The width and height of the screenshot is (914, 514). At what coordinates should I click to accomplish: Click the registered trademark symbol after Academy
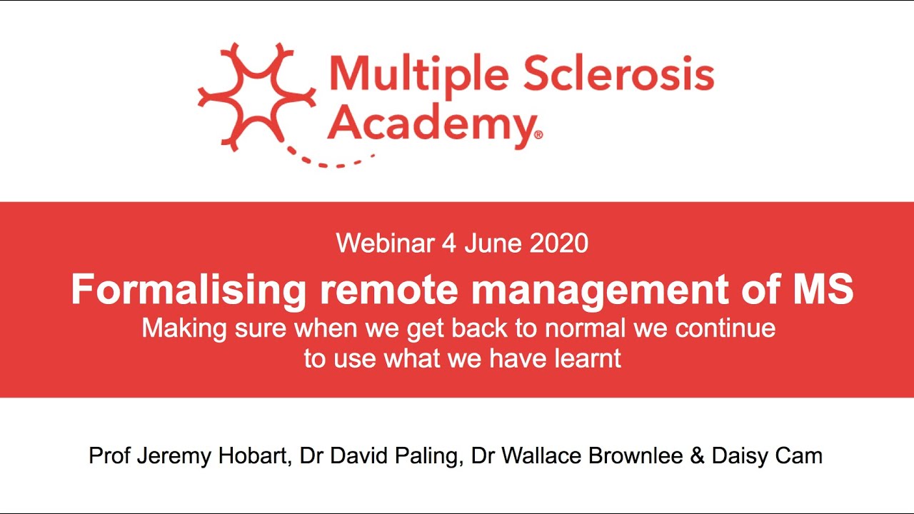538,134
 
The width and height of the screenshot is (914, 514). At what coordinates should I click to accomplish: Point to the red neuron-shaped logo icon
256,96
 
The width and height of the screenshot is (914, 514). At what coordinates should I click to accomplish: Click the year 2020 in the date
559,243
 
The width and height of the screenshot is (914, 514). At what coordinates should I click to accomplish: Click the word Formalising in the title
189,290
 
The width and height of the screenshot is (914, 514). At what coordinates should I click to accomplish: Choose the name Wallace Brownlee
598,456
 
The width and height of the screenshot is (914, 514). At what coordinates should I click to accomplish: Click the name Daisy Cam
767,456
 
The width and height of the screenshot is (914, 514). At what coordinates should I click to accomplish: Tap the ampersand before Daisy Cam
697,456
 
